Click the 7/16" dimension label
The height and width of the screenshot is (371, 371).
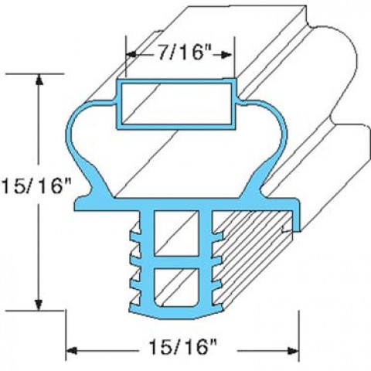(184, 54)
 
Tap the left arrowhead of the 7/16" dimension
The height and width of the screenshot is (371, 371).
(132, 55)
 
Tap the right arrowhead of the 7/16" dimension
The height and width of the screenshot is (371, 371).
(226, 55)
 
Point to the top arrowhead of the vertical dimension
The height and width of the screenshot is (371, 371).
(39, 79)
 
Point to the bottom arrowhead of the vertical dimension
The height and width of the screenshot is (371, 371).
(39, 305)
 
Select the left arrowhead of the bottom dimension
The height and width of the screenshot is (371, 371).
(72, 351)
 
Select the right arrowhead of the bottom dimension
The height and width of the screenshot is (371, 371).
(293, 351)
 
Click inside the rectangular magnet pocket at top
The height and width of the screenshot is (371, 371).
(176, 104)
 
